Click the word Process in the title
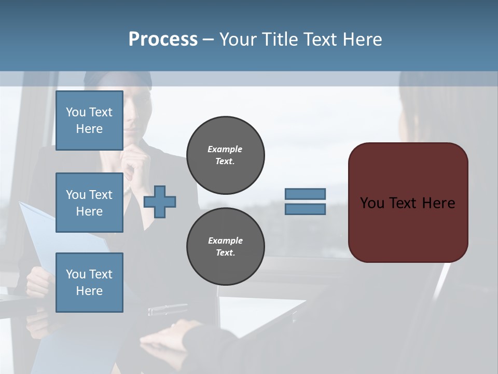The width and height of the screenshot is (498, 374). [163, 39]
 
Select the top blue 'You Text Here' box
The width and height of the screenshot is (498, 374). [89, 121]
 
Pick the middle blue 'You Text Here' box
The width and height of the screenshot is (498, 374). [89, 203]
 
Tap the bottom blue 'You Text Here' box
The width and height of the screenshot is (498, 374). [89, 283]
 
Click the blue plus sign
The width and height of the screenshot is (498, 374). [160, 202]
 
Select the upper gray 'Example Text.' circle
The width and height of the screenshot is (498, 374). [226, 155]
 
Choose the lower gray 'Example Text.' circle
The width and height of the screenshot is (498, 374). [226, 246]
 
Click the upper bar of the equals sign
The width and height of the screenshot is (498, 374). [305, 194]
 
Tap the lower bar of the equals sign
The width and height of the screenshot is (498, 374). [305, 209]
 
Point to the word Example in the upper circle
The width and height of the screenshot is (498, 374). [225, 149]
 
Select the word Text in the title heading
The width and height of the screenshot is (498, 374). [320, 39]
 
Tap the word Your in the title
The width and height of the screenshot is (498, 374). [239, 39]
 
